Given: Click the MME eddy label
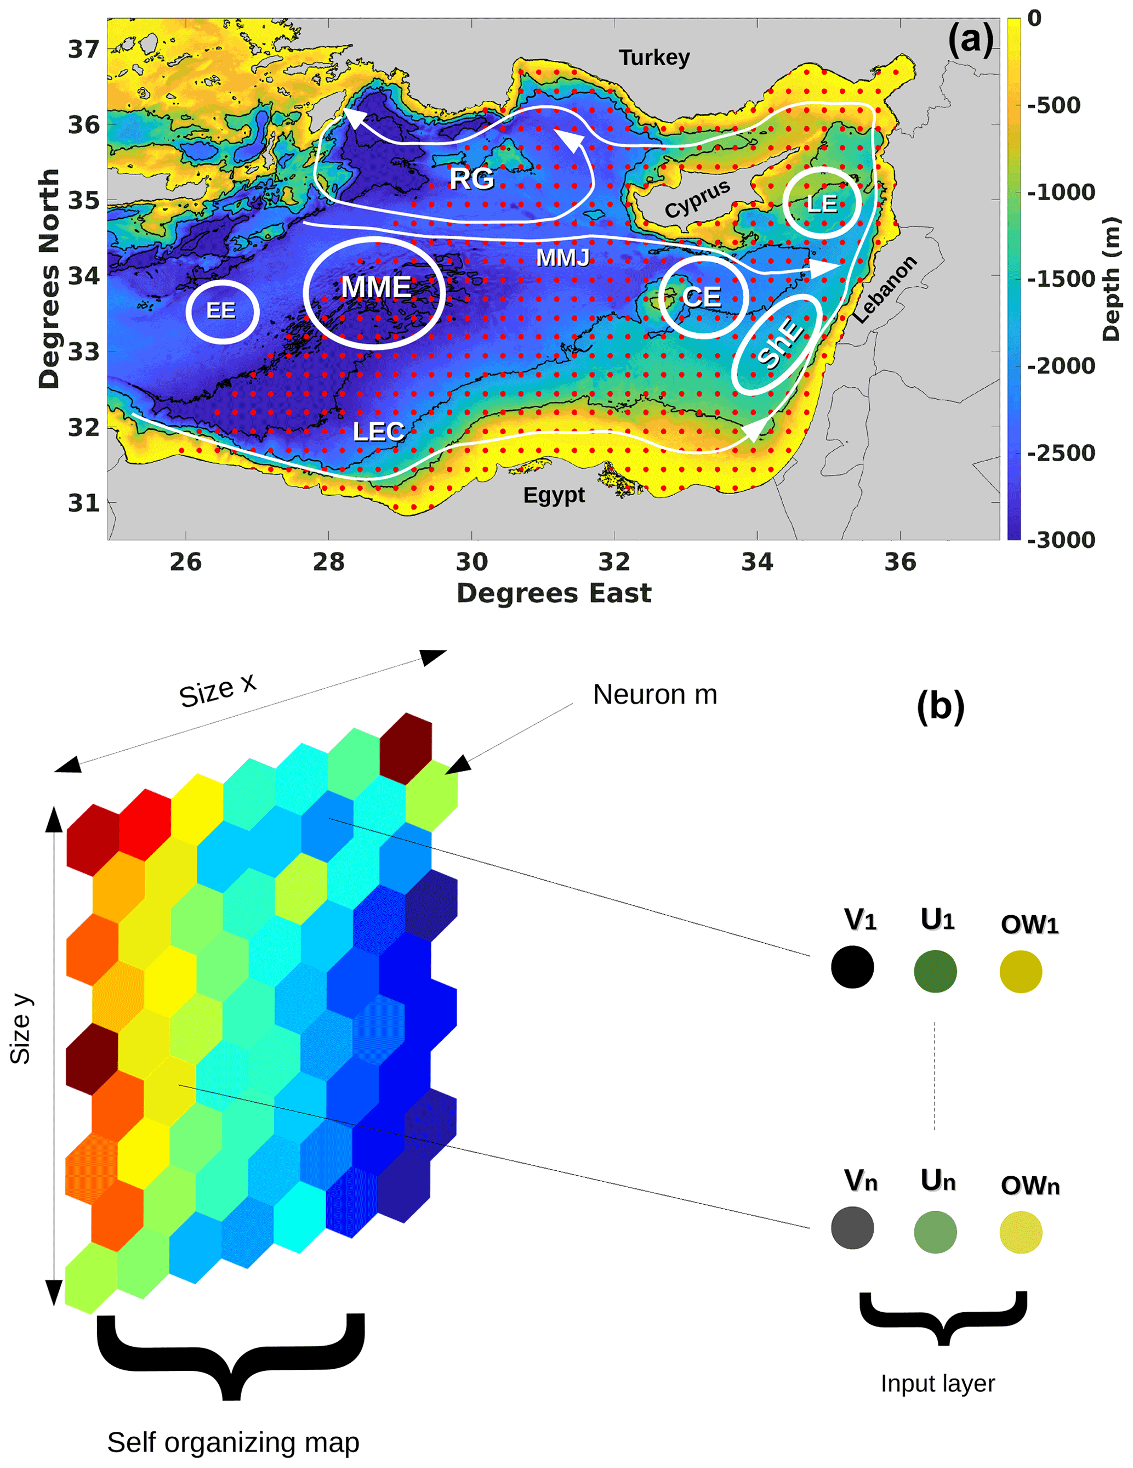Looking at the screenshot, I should tap(375, 288).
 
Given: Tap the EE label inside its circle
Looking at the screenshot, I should tap(221, 310).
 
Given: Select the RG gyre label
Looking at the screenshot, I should tap(472, 179).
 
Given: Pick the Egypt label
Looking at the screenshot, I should tap(554, 495).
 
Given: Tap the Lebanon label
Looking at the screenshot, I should tap(885, 290).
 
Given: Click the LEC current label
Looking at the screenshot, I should tap(378, 432).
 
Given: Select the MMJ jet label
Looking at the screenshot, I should tap(562, 257).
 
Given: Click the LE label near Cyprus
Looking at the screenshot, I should tap(821, 203).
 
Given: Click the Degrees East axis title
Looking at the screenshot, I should tap(554, 593).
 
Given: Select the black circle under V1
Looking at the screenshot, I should tap(852, 967).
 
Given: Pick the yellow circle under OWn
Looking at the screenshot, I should tap(1020, 1232).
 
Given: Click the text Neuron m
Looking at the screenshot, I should tap(654, 695).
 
